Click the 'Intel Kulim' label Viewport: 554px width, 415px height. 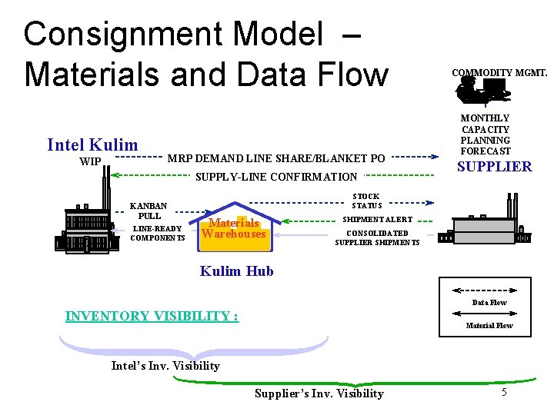click(x=92, y=145)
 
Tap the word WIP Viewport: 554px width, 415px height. click(x=90, y=162)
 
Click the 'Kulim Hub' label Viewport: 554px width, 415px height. click(x=236, y=271)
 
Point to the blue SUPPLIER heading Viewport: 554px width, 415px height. click(x=494, y=167)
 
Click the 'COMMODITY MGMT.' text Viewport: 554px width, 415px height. click(x=499, y=73)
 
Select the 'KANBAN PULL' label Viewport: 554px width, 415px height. click(x=149, y=211)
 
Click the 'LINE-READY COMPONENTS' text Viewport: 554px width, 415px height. click(x=157, y=233)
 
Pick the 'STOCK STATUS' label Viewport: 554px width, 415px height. click(x=367, y=201)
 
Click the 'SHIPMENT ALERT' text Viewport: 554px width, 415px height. click(x=377, y=220)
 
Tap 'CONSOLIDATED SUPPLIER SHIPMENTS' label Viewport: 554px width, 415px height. click(x=377, y=238)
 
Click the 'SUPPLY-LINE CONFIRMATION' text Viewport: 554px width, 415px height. click(x=276, y=178)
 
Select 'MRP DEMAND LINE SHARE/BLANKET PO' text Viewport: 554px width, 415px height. click(x=276, y=158)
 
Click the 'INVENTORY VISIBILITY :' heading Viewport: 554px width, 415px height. click(x=152, y=316)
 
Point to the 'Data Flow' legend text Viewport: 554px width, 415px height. click(x=489, y=303)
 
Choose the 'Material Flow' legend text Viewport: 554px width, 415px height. click(x=489, y=326)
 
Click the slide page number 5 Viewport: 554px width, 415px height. click(x=504, y=393)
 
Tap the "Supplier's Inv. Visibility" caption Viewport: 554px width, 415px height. click(x=319, y=393)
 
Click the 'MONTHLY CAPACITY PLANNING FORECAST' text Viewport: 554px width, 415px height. click(x=486, y=135)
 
